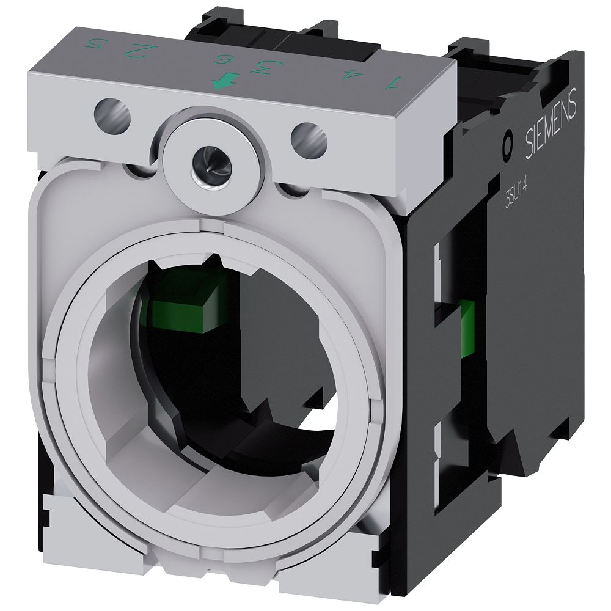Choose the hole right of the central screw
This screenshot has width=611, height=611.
(309, 139)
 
